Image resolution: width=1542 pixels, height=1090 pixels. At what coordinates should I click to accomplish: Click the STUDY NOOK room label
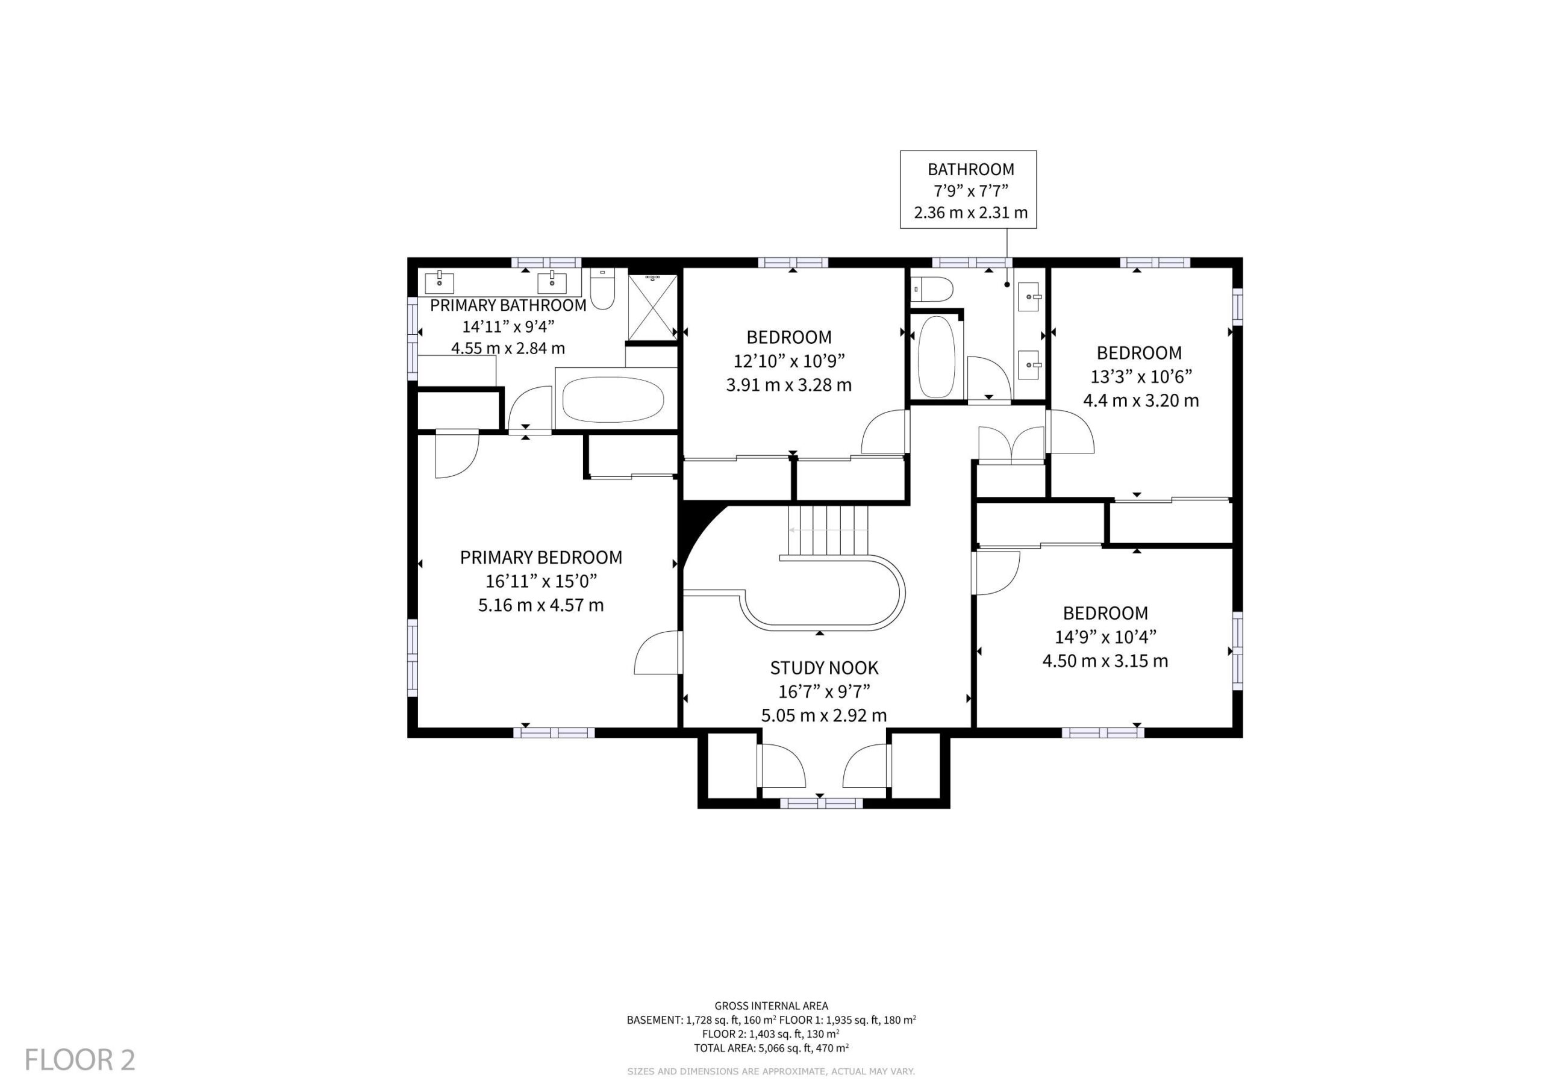point(824,668)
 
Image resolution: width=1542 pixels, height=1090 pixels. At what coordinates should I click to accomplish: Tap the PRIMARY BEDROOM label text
point(542,558)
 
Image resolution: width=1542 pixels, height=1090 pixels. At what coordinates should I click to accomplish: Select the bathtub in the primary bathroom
point(613,399)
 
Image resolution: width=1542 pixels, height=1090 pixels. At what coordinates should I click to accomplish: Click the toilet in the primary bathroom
point(602,289)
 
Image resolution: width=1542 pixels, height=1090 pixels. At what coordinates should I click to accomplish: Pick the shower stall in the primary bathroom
point(652,307)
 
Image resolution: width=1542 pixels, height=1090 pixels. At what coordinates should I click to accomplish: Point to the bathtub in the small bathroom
point(936,357)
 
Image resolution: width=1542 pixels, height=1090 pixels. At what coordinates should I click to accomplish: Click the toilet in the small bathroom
point(932,290)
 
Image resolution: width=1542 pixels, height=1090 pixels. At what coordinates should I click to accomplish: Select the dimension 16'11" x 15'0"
point(542,581)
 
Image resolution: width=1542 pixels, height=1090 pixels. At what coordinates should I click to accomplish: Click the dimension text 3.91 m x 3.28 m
point(789,385)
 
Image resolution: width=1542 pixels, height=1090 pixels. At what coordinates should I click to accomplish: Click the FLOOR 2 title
point(80,1060)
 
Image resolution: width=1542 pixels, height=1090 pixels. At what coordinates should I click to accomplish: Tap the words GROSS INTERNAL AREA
point(771,1005)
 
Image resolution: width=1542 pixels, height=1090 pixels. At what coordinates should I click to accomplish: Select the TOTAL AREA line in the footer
point(771,1047)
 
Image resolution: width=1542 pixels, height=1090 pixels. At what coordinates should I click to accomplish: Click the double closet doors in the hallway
point(1011,443)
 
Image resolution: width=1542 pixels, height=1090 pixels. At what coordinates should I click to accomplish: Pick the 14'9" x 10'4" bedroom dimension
point(1105,637)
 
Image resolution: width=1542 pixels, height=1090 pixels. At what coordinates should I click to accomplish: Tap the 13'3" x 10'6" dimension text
point(1141,377)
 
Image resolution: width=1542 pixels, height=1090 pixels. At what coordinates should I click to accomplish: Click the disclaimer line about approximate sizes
point(771,1071)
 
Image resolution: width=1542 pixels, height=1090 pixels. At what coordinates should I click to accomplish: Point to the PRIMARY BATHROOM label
point(508,305)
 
